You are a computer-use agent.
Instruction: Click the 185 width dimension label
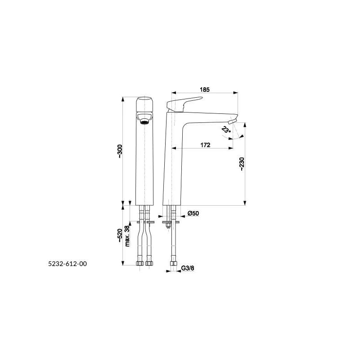pyautogui.click(x=205, y=90)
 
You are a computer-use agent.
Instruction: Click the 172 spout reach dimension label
pyautogui.click(x=205, y=145)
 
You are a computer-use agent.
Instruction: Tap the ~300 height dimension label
pyautogui.click(x=120, y=151)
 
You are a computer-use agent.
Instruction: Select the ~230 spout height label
pyautogui.click(x=242, y=164)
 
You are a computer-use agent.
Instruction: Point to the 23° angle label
pyautogui.click(x=226, y=130)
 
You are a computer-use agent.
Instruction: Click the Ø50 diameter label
pyautogui.click(x=193, y=213)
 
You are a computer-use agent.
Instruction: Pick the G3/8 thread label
pyautogui.click(x=188, y=268)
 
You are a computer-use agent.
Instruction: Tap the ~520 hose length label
pyautogui.click(x=120, y=235)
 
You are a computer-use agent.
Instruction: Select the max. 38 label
pyautogui.click(x=127, y=236)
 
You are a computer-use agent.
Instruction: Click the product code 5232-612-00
pyautogui.click(x=67, y=264)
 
